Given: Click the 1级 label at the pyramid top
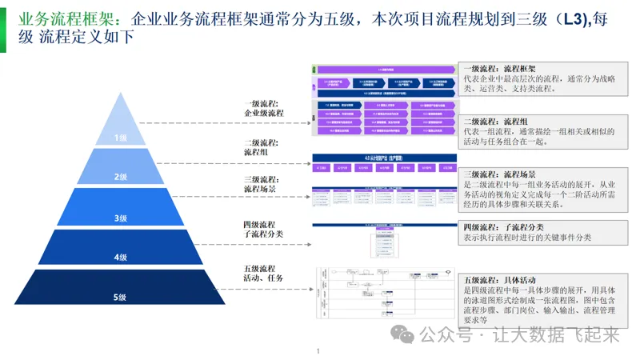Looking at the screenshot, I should [120, 138].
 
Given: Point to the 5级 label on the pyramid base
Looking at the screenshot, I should [120, 298].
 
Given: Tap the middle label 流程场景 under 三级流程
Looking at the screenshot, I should [259, 189].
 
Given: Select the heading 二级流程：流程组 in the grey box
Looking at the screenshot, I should [495, 121].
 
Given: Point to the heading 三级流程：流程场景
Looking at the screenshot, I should [500, 174].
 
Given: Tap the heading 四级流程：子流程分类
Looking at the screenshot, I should [506, 227].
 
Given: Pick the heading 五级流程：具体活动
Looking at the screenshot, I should [500, 280].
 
